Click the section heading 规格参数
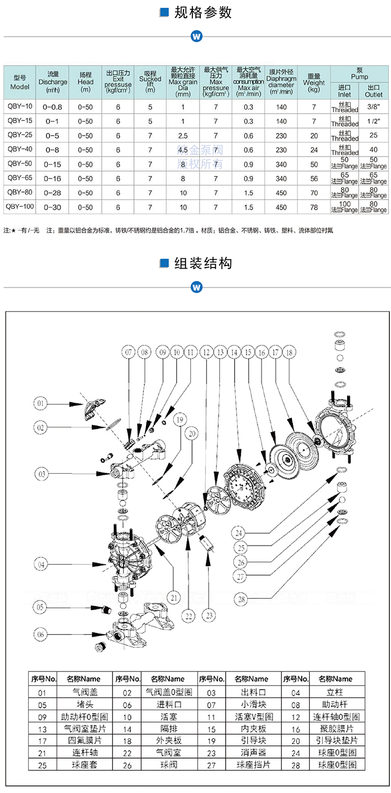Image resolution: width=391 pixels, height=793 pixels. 203,13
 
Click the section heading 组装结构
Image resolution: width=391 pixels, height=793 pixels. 203,263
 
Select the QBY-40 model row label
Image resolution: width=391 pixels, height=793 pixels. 20,149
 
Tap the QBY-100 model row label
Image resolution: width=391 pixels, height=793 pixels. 20,207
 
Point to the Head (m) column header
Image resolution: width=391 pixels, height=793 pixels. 85,82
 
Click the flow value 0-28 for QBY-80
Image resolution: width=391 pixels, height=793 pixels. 53,193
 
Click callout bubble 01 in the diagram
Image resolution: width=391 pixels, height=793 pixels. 41,403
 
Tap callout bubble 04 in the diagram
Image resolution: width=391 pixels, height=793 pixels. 41,564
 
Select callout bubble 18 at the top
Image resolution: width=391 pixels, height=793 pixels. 290,353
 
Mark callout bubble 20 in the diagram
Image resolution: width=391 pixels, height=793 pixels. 192,433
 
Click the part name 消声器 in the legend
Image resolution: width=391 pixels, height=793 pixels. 251,753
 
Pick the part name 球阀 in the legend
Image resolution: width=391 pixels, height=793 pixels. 168,765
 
